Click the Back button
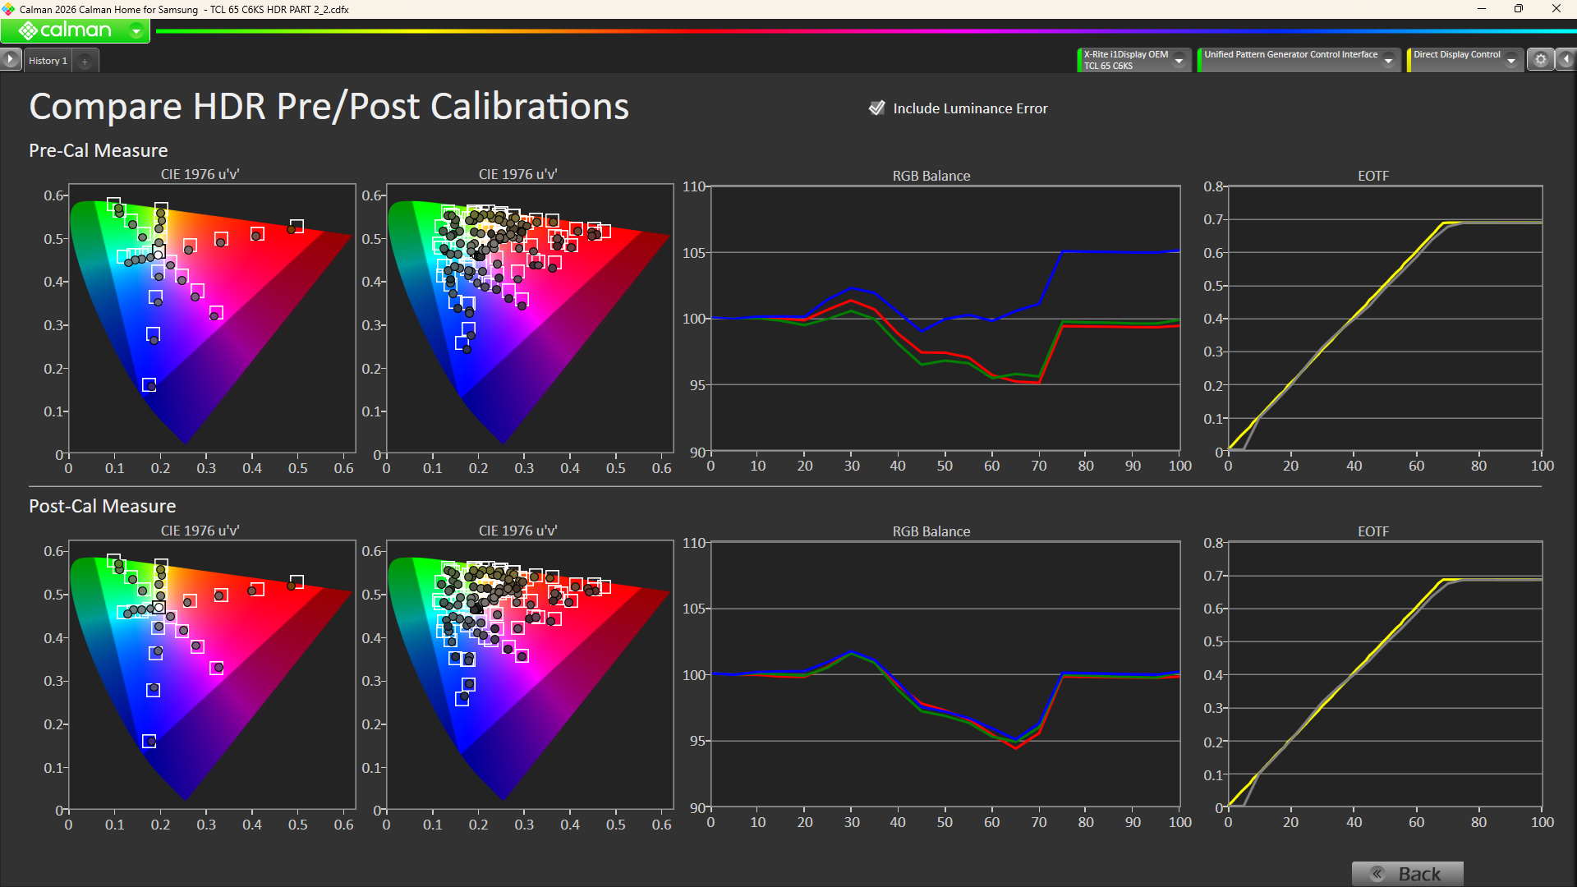click(1407, 873)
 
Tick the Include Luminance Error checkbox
click(877, 108)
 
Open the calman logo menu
click(75, 31)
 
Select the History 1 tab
click(48, 61)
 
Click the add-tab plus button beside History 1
click(85, 61)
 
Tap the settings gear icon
click(1541, 60)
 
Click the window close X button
click(1556, 9)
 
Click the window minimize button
click(1482, 9)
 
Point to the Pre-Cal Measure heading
click(99, 150)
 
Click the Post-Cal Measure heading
click(103, 506)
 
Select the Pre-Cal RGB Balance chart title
click(931, 176)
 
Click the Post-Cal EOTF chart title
click(1372, 531)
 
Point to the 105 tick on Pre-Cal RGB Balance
click(694, 253)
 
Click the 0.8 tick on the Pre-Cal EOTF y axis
click(1213, 186)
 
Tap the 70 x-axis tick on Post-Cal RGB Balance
click(1039, 822)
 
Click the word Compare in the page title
click(105, 107)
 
